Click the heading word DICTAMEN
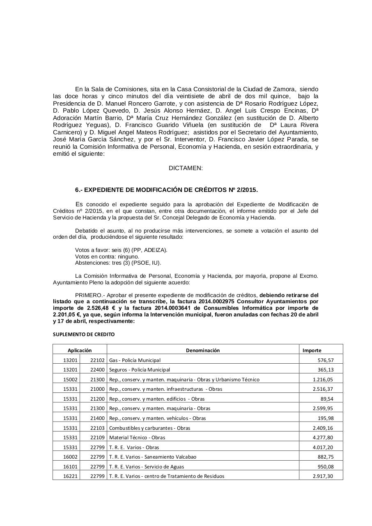point(186,168)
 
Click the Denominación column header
point(202,351)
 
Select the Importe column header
point(312,351)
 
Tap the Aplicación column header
point(80,351)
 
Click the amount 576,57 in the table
point(325,360)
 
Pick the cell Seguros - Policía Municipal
point(139,370)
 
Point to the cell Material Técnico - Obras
point(137,438)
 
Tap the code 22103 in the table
point(98,428)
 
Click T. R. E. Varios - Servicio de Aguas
point(146,467)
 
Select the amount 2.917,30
point(323,476)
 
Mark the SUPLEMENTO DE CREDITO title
point(84,335)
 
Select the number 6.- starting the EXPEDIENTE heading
point(79,190)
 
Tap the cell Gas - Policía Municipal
point(135,360)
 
